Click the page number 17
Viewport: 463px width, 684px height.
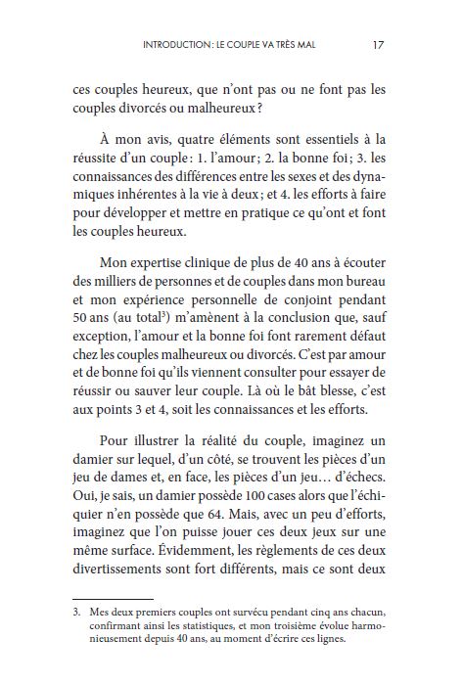click(x=378, y=44)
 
